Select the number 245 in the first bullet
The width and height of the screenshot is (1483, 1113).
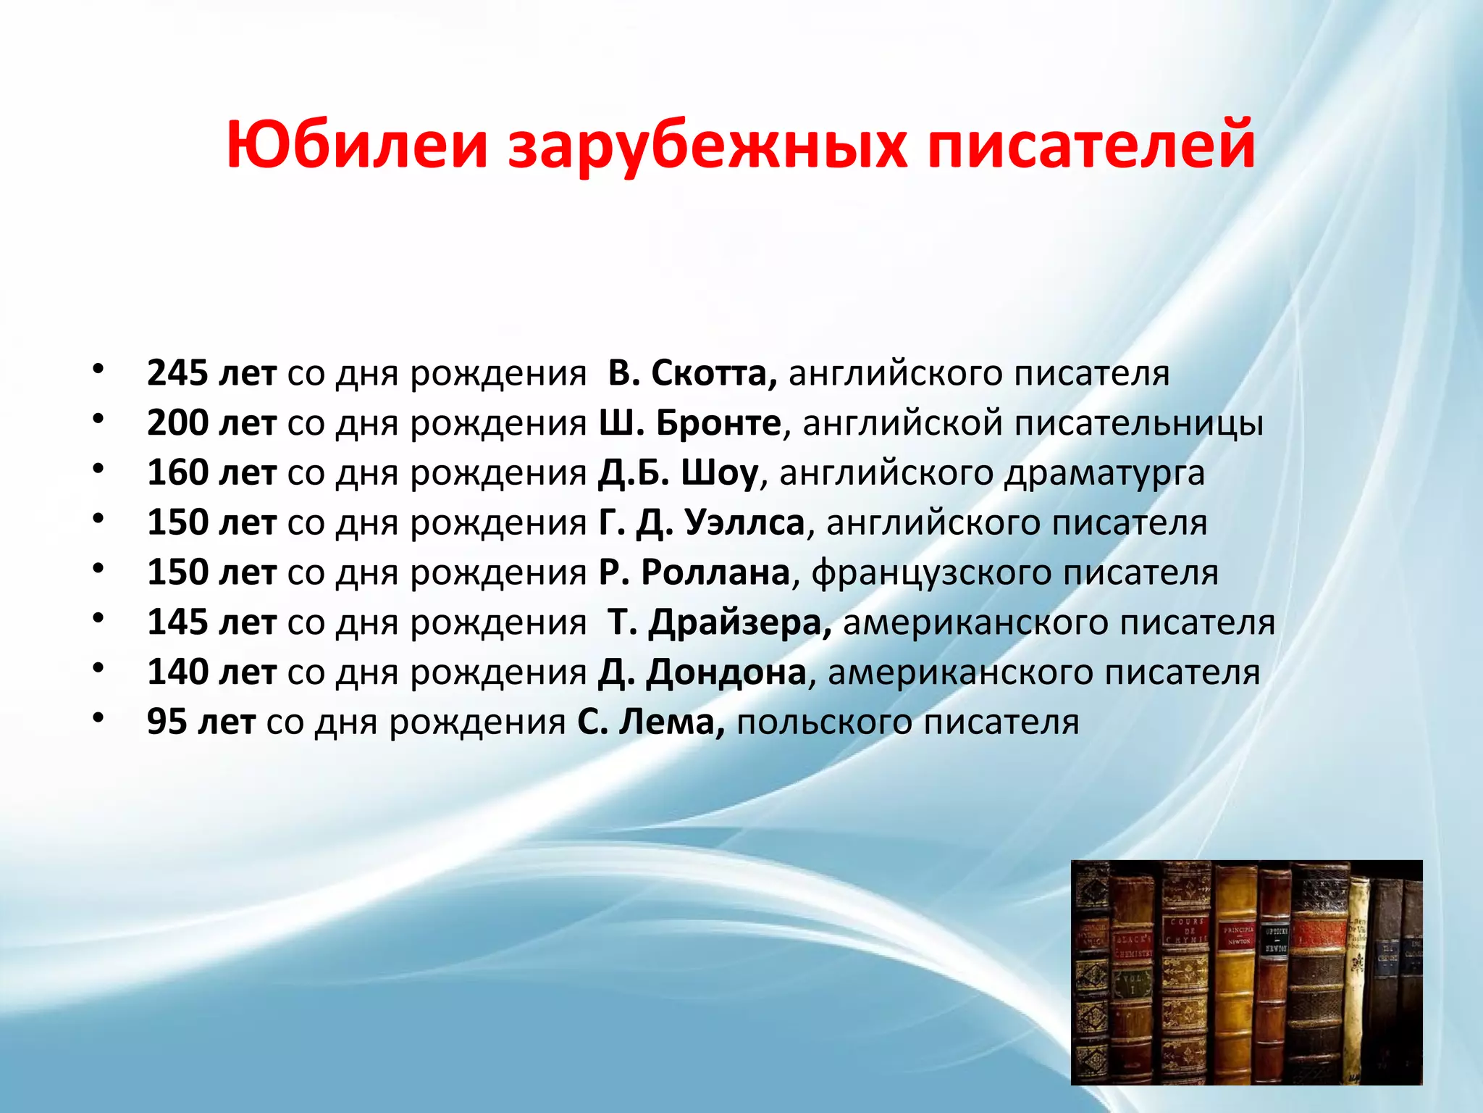(x=177, y=373)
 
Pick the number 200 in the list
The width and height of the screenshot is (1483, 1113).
(x=177, y=423)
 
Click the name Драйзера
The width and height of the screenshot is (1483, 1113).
(x=739, y=622)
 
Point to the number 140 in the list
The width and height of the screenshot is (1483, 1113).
(x=177, y=672)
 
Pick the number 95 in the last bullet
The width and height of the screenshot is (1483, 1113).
(x=167, y=722)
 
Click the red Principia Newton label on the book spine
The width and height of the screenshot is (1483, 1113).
(x=1238, y=935)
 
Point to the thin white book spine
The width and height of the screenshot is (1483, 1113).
(x=1357, y=964)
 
